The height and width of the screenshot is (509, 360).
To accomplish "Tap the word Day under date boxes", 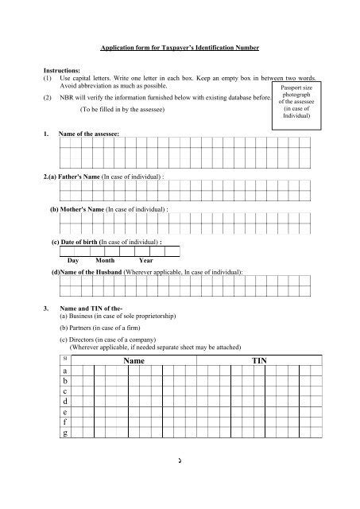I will coord(73,259).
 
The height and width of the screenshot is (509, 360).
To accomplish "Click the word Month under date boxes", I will coord(105,259).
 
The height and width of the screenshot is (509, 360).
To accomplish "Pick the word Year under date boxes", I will coord(145,259).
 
